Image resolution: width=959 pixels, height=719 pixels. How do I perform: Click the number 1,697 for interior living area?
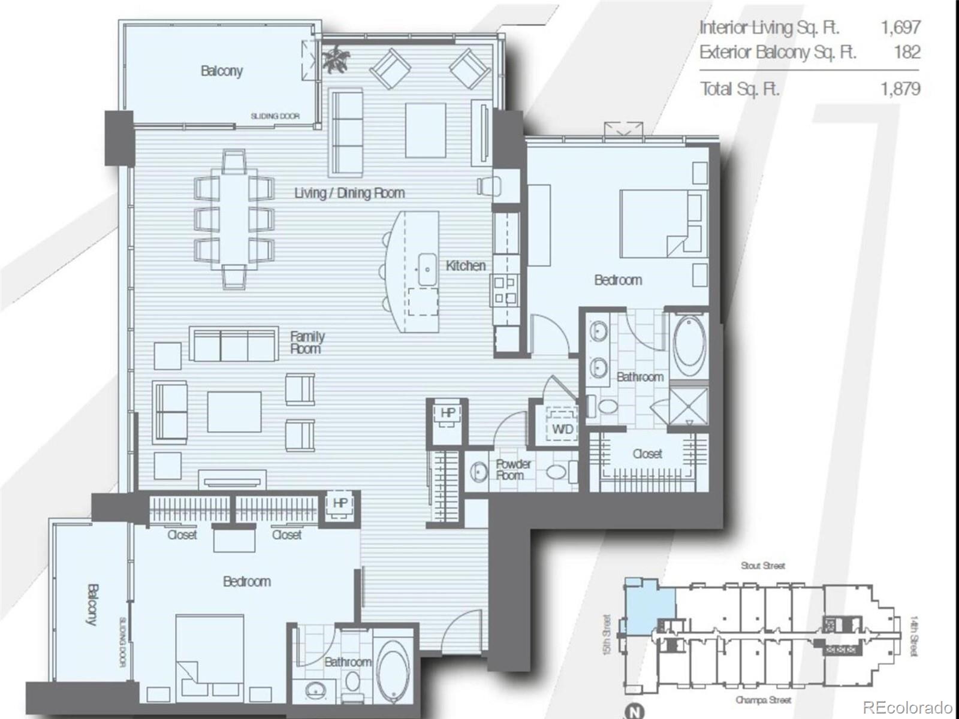[x=900, y=28]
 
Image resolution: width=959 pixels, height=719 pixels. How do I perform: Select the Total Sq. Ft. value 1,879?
[x=900, y=89]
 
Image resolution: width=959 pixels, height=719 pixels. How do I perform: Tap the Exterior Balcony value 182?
[x=906, y=52]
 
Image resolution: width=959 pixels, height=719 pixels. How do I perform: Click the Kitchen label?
[x=465, y=265]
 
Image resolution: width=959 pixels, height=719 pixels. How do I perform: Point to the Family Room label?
[x=307, y=342]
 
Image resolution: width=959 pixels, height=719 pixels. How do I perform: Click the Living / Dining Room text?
[x=349, y=193]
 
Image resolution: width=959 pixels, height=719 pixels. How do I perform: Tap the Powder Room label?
[x=512, y=470]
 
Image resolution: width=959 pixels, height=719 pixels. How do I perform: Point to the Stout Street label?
[x=762, y=566]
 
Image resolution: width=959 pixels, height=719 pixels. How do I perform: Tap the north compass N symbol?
[x=634, y=712]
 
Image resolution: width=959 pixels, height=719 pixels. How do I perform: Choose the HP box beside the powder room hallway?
[x=447, y=413]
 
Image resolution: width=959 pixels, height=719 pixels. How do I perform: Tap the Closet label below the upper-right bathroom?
[x=647, y=454]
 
